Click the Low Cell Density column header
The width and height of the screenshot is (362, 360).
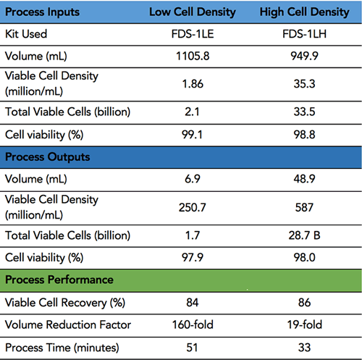pyautogui.click(x=193, y=12)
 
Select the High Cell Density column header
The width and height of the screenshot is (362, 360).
pyautogui.click(x=304, y=12)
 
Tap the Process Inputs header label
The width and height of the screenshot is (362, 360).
pyautogui.click(x=42, y=12)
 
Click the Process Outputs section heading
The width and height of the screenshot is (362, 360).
pyautogui.click(x=48, y=157)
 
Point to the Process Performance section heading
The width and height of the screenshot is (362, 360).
pyautogui.click(x=59, y=280)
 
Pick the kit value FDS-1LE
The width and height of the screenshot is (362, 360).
pyautogui.click(x=193, y=34)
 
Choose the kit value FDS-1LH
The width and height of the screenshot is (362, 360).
pyautogui.click(x=304, y=34)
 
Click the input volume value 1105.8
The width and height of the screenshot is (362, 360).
pyautogui.click(x=193, y=56)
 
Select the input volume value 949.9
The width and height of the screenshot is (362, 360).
pyautogui.click(x=304, y=56)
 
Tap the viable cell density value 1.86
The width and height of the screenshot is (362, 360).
pyautogui.click(x=193, y=84)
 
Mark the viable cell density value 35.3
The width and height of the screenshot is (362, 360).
pyautogui.click(x=304, y=84)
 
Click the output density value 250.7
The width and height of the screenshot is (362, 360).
pyautogui.click(x=193, y=208)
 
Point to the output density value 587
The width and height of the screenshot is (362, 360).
pyautogui.click(x=304, y=208)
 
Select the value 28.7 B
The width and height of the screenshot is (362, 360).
pyautogui.click(x=304, y=235)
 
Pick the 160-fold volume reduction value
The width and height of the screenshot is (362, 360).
pyautogui.click(x=193, y=325)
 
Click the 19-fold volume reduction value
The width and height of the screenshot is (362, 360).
pyautogui.click(x=304, y=325)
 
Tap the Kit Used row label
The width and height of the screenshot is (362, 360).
pyautogui.click(x=26, y=34)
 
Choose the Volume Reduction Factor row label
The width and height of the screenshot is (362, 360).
pyautogui.click(x=68, y=325)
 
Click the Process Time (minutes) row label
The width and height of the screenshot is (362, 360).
pyautogui.click(x=62, y=348)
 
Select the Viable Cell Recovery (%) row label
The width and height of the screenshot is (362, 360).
pyautogui.click(x=65, y=303)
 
